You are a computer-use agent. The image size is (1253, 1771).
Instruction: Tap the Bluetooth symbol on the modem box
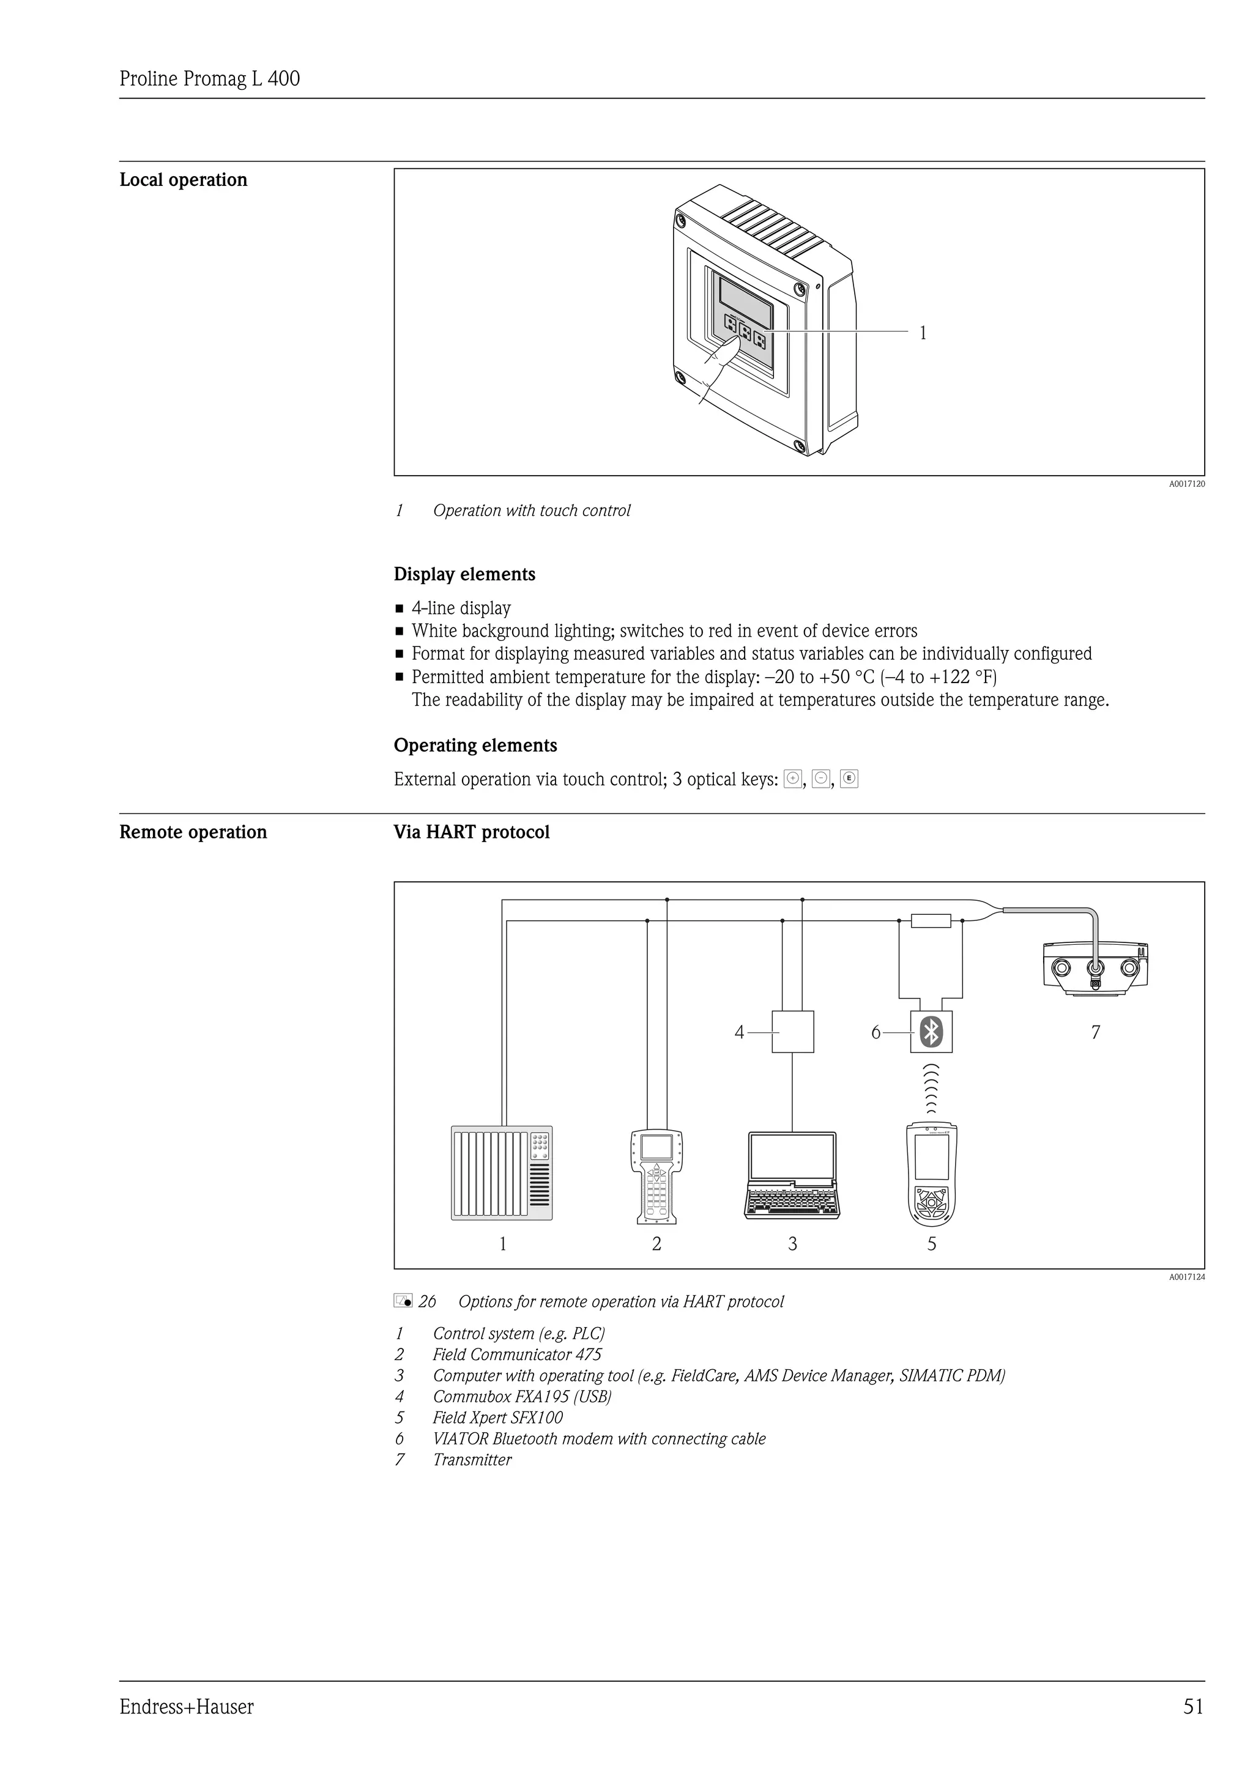point(932,1031)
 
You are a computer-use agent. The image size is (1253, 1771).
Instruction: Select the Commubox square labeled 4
point(793,1031)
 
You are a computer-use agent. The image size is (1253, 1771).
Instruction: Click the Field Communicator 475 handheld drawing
point(656,1177)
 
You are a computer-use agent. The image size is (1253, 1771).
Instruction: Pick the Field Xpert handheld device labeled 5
point(931,1175)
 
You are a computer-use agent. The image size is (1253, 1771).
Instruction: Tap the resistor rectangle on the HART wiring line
point(931,920)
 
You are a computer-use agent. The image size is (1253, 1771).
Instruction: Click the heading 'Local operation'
point(184,180)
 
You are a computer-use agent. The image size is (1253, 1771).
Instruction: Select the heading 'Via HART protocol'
point(472,832)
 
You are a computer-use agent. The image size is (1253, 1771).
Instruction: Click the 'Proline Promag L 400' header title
point(210,79)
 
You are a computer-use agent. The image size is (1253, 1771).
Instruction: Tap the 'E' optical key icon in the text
point(849,778)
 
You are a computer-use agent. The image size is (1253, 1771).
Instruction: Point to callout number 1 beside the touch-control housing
point(923,333)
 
